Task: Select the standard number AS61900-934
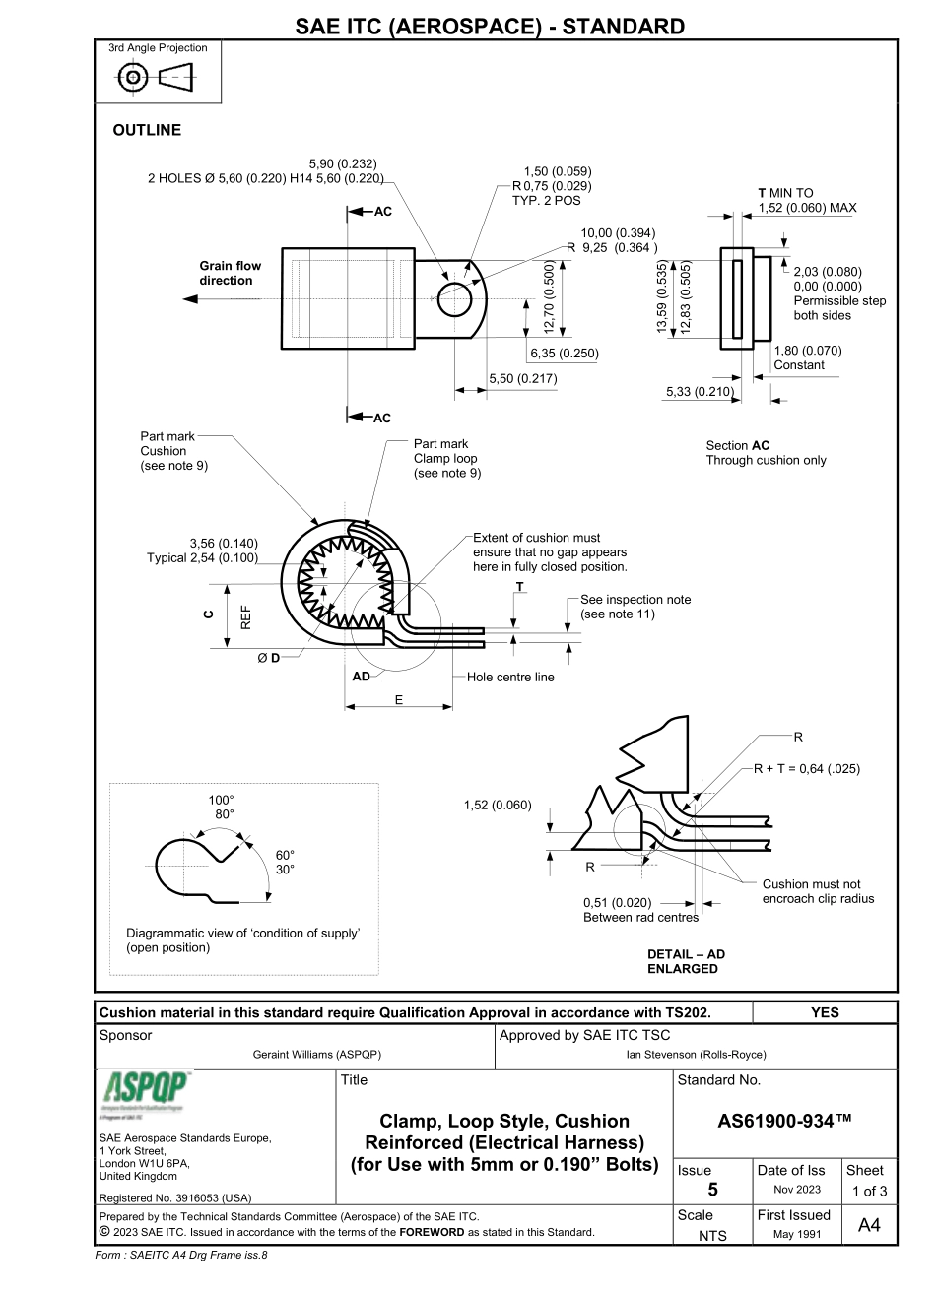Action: coord(783,1121)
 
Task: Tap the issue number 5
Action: coord(711,1190)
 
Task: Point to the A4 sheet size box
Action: coord(869,1223)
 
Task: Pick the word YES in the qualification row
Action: coord(825,1012)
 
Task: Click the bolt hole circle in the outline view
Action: coord(454,299)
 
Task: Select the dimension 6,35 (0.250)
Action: coord(564,353)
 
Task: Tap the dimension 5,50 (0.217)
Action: coord(523,379)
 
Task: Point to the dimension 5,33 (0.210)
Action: coord(700,392)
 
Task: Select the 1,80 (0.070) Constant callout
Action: coord(807,357)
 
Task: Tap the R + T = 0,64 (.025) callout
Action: coord(807,769)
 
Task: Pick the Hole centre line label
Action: coord(510,677)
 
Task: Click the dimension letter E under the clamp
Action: coord(398,700)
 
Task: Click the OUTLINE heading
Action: coord(147,130)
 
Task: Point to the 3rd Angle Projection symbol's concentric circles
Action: coord(133,77)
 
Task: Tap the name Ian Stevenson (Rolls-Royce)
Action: coord(696,1055)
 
